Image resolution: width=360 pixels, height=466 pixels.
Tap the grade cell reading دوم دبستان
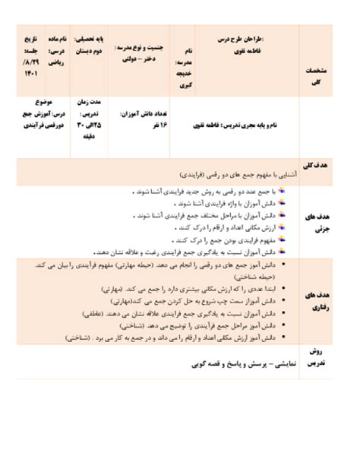tap(90, 44)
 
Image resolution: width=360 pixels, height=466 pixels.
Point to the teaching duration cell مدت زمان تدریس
tap(90, 116)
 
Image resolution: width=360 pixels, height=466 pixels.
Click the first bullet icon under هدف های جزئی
tap(283, 192)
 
